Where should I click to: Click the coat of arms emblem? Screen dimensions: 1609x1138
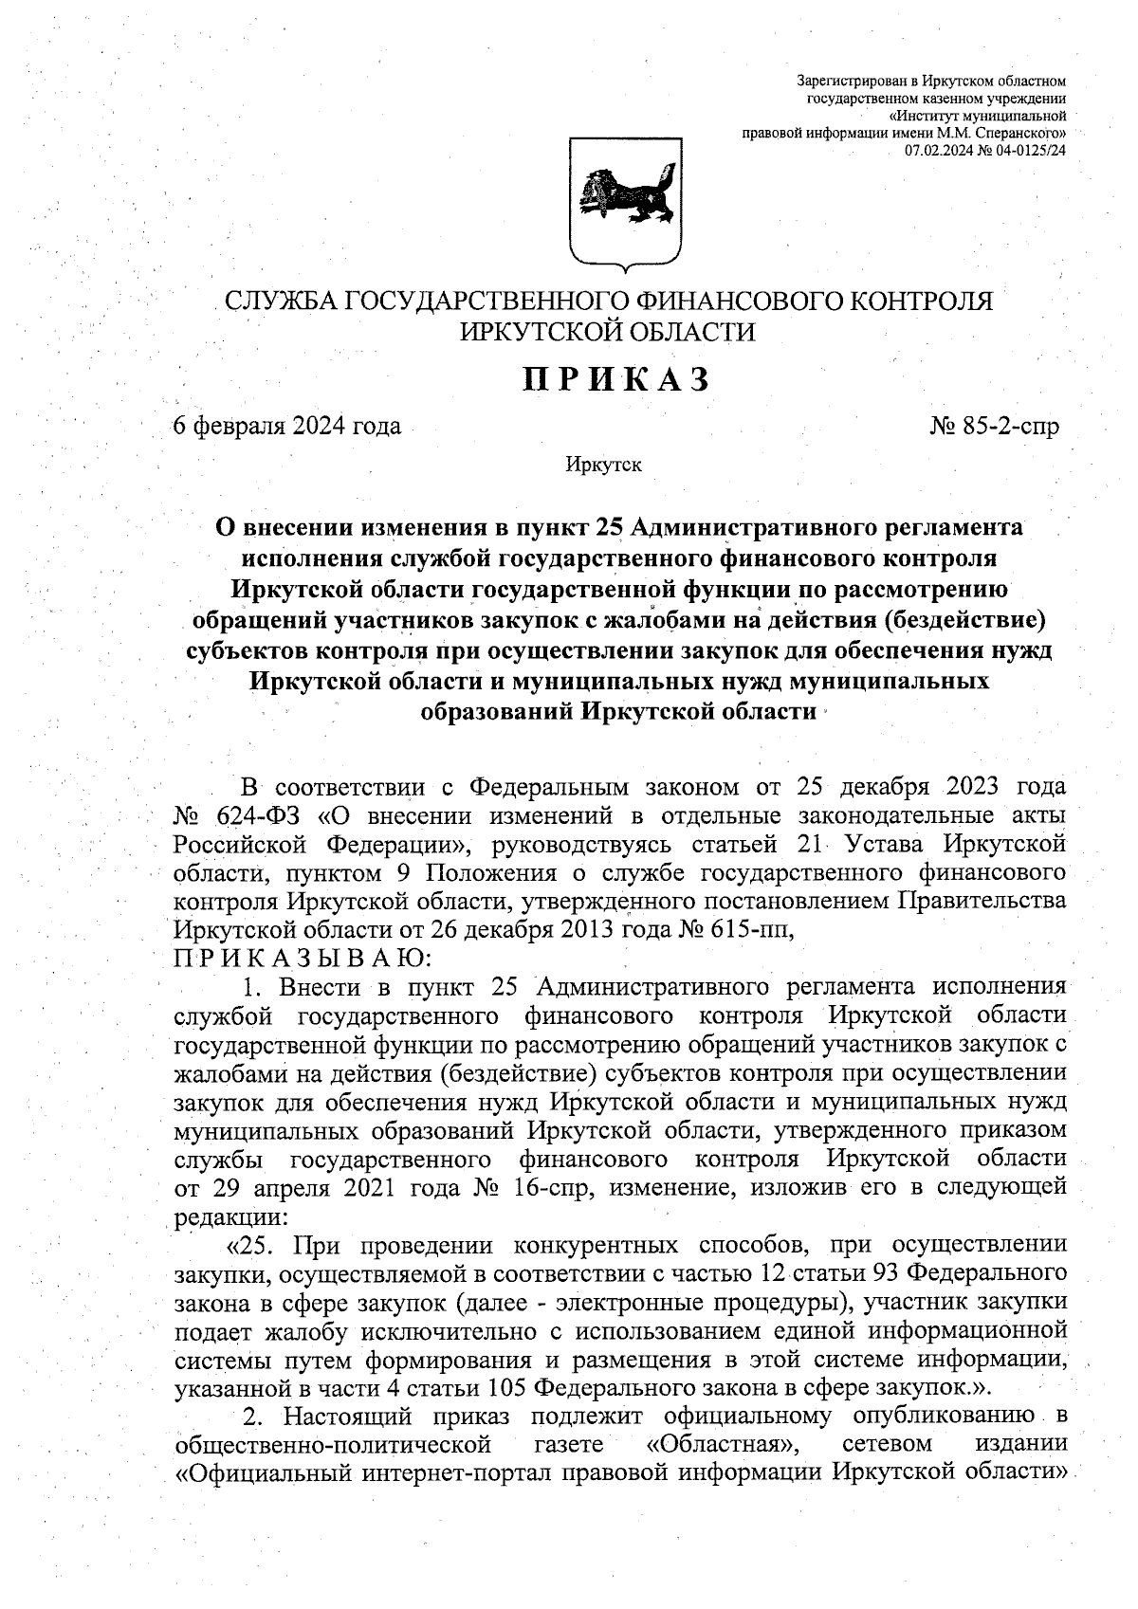coord(627,200)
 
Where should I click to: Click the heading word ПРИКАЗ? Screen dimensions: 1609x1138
coord(617,379)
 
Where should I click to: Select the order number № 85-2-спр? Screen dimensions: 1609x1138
coord(995,427)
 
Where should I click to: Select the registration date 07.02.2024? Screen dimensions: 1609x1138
coord(939,151)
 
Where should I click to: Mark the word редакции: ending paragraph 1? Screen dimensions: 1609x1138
coord(230,1216)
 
